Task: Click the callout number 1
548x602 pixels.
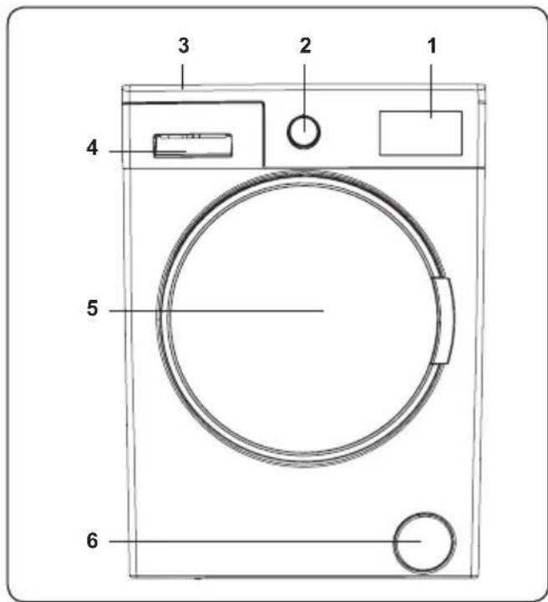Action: [x=432, y=46]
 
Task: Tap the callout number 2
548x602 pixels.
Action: [x=305, y=46]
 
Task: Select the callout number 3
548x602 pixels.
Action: [x=183, y=46]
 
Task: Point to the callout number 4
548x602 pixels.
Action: [x=92, y=148]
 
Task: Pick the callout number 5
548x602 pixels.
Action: [x=92, y=309]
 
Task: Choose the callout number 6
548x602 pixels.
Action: [x=92, y=541]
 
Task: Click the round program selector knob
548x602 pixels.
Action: [x=304, y=132]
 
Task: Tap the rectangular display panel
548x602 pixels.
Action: [x=421, y=133]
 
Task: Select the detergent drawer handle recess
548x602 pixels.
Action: [x=193, y=145]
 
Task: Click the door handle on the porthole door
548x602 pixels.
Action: [x=443, y=320]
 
